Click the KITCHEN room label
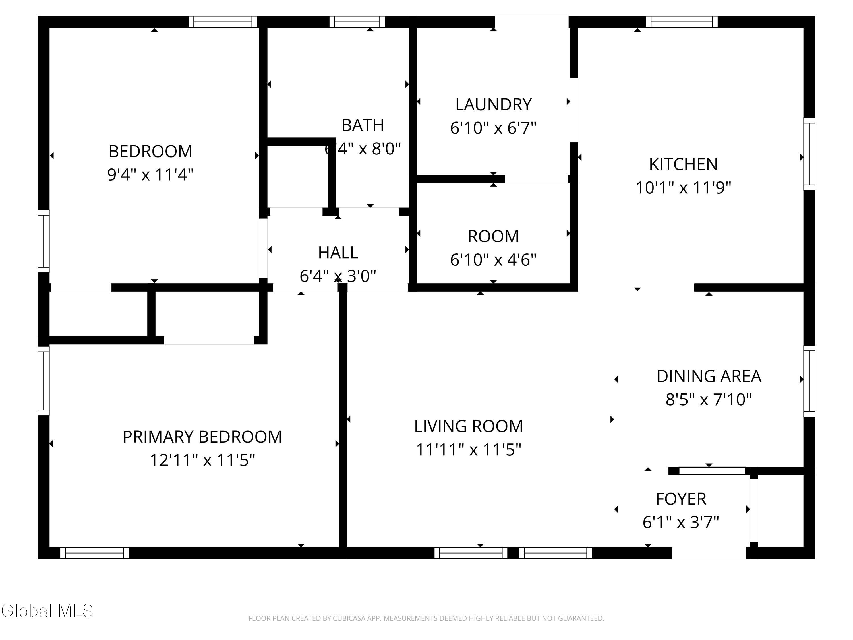click(683, 164)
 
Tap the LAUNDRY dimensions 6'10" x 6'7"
click(493, 128)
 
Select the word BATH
click(363, 125)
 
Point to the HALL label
click(338, 253)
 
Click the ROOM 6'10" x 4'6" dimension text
click(493, 260)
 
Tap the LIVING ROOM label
click(469, 426)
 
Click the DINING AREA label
click(709, 377)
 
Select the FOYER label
click(681, 499)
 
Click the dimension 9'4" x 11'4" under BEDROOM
click(150, 175)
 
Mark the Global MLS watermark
click(47, 611)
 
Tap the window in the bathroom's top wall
click(357, 22)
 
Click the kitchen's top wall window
click(681, 22)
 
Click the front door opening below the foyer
click(709, 552)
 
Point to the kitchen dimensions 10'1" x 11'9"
click(683, 188)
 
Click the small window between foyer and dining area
click(712, 471)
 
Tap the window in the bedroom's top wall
click(223, 22)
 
